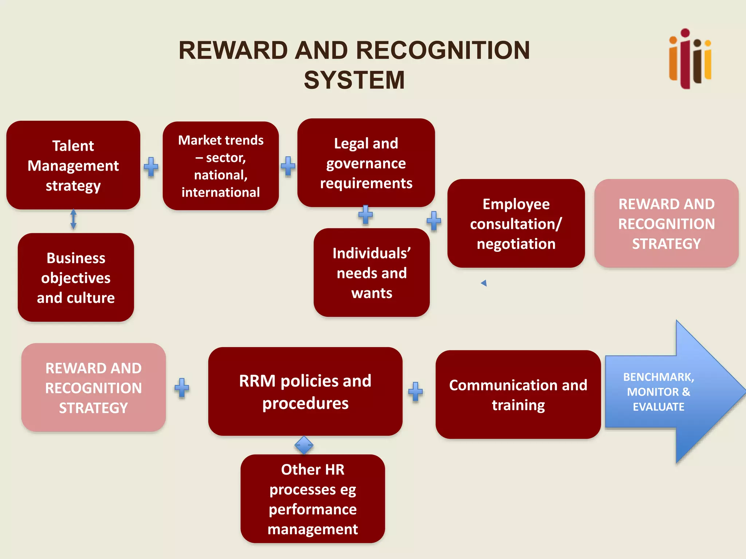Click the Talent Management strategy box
point(73,165)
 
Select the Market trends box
point(221,166)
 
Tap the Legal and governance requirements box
point(366,163)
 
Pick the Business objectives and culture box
point(76,278)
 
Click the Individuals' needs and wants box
point(372,273)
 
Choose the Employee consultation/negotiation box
point(516,223)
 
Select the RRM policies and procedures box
point(305,392)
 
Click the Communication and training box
point(518,395)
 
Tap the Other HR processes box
point(313,499)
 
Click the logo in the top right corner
point(690,59)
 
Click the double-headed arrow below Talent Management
point(73,219)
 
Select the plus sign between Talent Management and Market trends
point(151,167)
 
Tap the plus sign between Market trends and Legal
point(288,166)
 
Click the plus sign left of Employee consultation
point(433,221)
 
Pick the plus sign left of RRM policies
point(182,388)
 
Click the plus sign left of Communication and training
point(415,392)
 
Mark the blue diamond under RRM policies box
point(304,445)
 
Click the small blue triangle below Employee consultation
point(484,283)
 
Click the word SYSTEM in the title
point(354,80)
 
